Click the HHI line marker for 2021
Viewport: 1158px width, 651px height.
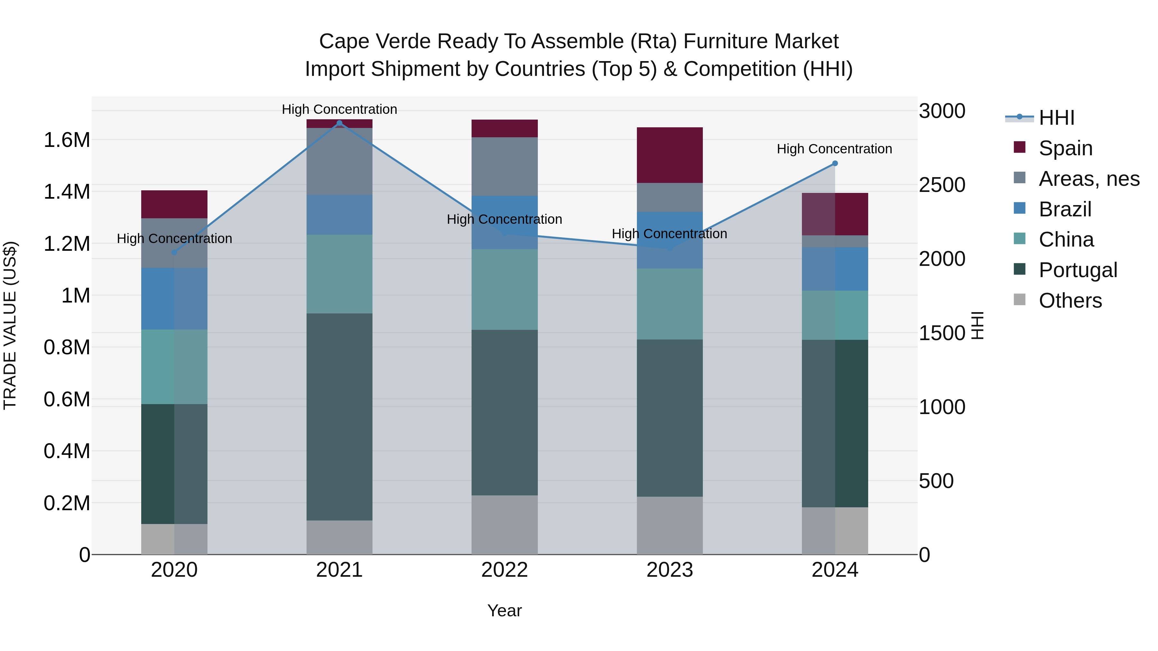click(x=339, y=123)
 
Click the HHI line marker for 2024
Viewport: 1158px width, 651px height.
click(x=835, y=164)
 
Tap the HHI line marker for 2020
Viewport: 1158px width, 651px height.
click(x=174, y=252)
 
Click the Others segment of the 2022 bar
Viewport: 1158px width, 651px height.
click(x=504, y=524)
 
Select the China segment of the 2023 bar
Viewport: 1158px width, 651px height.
click(x=669, y=304)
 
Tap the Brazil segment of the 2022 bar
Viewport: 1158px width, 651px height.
click(x=504, y=222)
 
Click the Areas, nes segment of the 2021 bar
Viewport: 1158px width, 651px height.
click(x=339, y=161)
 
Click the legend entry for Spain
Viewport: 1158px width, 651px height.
click(x=1065, y=148)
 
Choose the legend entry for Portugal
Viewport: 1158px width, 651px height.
click(x=1078, y=270)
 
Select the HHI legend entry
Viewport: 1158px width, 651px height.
click(x=1056, y=118)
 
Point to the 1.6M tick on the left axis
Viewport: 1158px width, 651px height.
click(x=67, y=140)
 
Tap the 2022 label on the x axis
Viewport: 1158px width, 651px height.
click(x=504, y=570)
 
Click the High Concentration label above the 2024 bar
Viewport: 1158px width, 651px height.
click(x=834, y=149)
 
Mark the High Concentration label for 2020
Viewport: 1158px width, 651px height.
click(x=174, y=239)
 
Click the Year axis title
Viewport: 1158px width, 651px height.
click(x=504, y=610)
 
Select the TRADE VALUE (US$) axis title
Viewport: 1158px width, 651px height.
click(x=10, y=325)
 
